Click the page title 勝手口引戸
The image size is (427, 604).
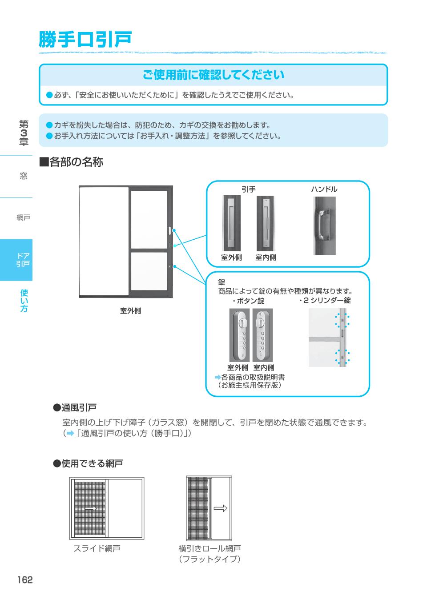point(85,40)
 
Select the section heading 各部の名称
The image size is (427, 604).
point(72,162)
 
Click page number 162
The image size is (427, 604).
point(25,580)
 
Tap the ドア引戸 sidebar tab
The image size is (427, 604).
point(23,260)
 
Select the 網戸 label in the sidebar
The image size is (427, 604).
point(23,217)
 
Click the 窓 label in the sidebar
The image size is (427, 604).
point(23,176)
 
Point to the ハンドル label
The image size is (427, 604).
point(324,189)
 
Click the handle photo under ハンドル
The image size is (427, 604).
point(324,225)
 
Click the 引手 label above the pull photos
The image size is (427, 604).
point(248,189)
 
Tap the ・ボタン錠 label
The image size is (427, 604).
point(248,301)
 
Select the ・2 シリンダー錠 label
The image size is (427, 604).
point(325,301)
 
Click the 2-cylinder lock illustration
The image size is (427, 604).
point(329,337)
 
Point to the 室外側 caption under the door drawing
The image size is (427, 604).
point(130,311)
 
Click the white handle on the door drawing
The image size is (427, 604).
point(170,230)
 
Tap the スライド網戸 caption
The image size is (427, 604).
point(97,548)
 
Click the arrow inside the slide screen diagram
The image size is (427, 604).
point(90,508)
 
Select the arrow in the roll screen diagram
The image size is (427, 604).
point(220,508)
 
